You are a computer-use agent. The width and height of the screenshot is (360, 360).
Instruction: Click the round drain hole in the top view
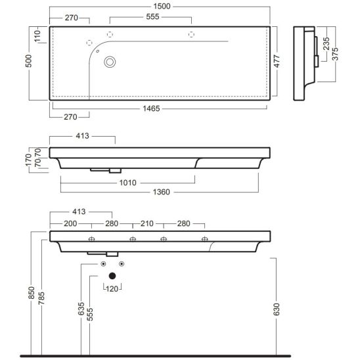(x=110, y=62)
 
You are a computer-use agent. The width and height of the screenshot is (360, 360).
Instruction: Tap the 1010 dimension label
(x=129, y=183)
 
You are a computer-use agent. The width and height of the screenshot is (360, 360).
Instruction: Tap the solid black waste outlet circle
(x=112, y=276)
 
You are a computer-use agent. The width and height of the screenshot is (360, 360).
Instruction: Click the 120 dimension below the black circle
(x=112, y=288)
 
